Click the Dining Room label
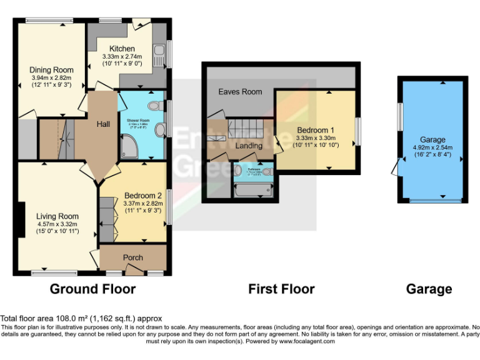coord(52,70)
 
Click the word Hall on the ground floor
coord(103,124)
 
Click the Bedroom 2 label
coord(143,194)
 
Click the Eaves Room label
coord(240,92)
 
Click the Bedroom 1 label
coord(315,130)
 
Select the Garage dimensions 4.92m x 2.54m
coord(432,149)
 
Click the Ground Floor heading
coord(92,289)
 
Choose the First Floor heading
coord(281,289)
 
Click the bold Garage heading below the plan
coord(429,289)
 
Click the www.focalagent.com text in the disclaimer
coord(307,341)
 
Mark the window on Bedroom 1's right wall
coord(357,131)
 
